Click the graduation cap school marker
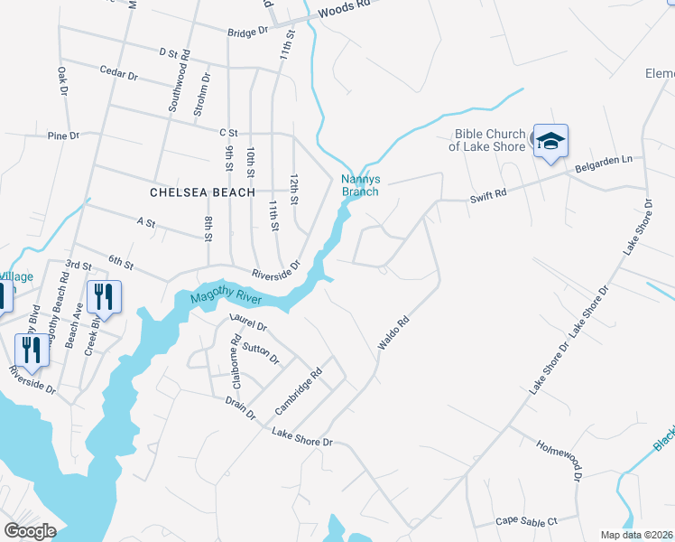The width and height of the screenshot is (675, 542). tap(550, 142)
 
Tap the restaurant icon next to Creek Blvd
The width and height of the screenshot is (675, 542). tap(104, 297)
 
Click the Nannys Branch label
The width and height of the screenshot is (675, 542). tap(359, 185)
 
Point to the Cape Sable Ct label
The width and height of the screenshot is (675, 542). tap(527, 521)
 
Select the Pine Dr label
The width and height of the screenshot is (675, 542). tap(63, 135)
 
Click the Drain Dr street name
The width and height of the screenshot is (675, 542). tap(239, 406)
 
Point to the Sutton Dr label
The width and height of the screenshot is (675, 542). tap(260, 353)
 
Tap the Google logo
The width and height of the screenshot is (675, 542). tap(31, 530)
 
